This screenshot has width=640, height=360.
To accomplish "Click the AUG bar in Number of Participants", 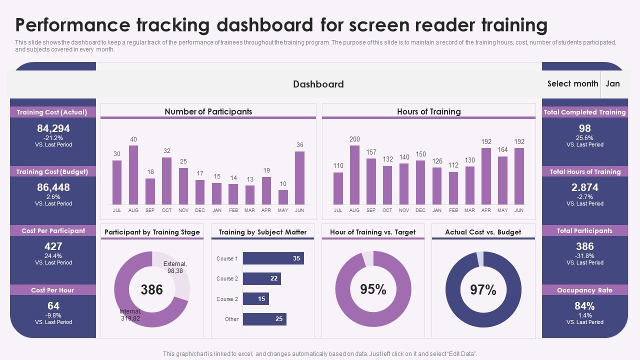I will click(x=133, y=175).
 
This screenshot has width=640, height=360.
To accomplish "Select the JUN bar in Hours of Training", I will click(x=519, y=176).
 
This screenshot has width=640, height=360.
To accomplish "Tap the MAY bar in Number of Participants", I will click(x=283, y=197).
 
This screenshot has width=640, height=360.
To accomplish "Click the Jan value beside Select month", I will click(x=612, y=83).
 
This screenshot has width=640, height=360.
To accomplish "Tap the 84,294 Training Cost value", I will click(x=53, y=128).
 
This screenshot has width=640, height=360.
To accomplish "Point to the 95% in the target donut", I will click(x=373, y=289).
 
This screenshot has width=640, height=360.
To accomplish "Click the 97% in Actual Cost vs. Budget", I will click(x=483, y=290).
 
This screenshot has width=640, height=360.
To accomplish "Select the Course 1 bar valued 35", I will click(x=273, y=258).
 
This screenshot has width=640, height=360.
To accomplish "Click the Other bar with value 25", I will click(x=264, y=319).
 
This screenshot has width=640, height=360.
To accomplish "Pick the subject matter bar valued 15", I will click(x=255, y=299).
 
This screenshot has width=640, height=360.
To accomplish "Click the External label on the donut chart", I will click(x=175, y=267).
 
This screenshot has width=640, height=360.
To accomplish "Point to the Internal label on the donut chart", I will click(x=130, y=315).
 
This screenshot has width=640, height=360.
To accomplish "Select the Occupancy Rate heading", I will click(x=584, y=290).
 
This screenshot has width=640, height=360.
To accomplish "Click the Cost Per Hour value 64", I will click(x=53, y=305).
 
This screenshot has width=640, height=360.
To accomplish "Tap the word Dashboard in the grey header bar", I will click(x=318, y=84).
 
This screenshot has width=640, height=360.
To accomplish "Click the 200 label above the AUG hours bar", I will click(x=354, y=139).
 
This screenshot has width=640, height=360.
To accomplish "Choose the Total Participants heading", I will click(x=584, y=230).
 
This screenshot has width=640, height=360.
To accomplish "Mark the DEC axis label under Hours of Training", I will click(x=420, y=210).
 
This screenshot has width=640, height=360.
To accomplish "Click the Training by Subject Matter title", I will click(x=262, y=232).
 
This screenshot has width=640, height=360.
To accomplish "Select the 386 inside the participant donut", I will click(x=151, y=289).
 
